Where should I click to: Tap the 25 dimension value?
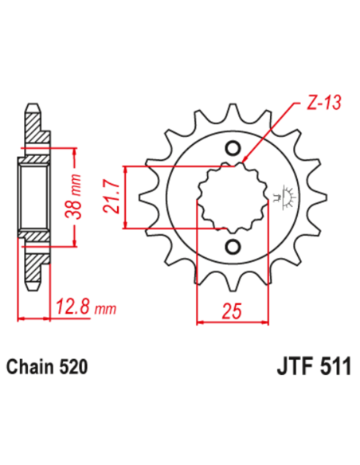pyautogui.click(x=231, y=311)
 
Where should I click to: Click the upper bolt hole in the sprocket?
pyautogui.click(x=233, y=148)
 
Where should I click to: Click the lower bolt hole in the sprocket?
pyautogui.click(x=233, y=245)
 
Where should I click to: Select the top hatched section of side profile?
pyautogui.click(x=33, y=127)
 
